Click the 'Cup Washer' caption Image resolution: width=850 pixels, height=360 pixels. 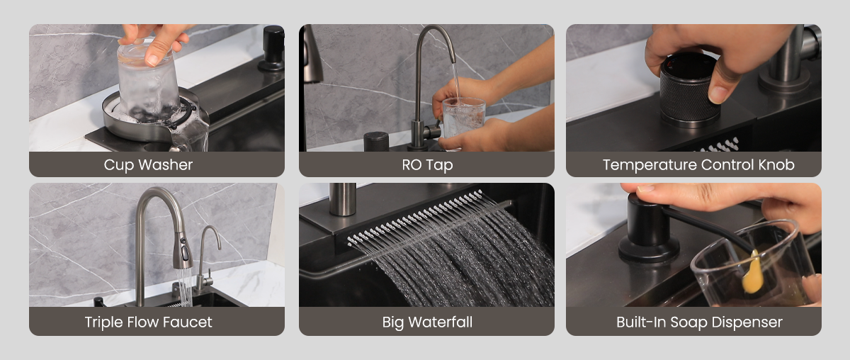pos(148,165)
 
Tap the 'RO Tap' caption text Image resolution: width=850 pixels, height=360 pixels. pos(427,165)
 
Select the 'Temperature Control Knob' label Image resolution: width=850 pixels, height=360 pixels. pos(698,165)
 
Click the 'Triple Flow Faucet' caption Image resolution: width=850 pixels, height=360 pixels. pos(148,322)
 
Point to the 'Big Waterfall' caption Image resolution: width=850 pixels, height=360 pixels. pos(427,322)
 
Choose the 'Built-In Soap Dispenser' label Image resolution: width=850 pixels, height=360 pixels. pos(699,322)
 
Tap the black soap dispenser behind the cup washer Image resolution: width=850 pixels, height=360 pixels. pos(273,48)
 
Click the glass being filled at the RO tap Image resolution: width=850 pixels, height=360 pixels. pos(464,118)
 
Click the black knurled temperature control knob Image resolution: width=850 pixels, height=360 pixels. pos(688,90)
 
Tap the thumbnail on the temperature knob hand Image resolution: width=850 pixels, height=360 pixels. pos(718,94)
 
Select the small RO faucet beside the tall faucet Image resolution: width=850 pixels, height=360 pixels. pos(206,258)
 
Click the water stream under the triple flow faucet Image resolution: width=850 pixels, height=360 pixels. pos(185,287)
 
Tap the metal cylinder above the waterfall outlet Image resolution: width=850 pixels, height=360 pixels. pos(343,199)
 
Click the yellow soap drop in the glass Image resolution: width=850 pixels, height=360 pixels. pos(753,273)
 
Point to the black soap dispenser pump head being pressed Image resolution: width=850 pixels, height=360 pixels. pos(647,230)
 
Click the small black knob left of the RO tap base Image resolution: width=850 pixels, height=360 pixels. pos(376,141)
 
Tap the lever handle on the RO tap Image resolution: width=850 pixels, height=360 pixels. pos(433,130)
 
